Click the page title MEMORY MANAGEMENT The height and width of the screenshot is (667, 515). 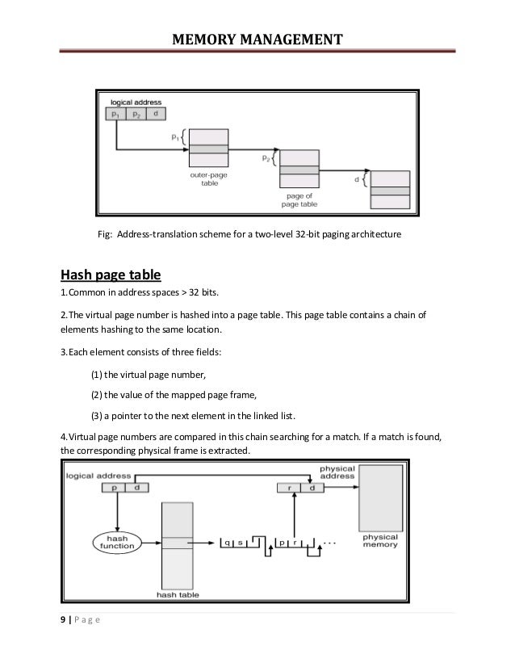click(x=257, y=39)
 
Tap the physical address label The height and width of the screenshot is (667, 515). click(x=337, y=472)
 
